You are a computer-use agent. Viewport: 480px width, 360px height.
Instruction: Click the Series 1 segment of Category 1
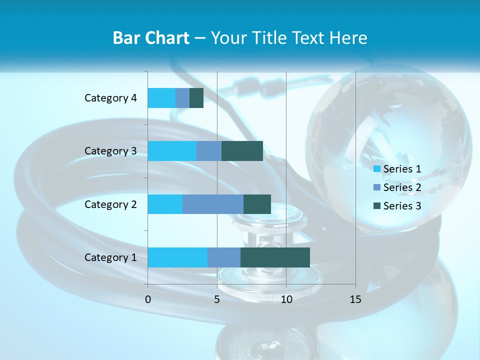pos(177,257)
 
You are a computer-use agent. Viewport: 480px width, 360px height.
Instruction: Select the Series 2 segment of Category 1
pos(224,257)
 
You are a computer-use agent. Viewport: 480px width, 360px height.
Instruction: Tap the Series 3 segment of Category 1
pos(275,257)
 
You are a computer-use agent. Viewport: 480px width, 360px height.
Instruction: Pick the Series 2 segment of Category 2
pos(213,204)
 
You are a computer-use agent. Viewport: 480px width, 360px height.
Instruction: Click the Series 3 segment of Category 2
pos(257,204)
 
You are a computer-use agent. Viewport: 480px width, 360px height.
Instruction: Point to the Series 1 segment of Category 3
pos(172,151)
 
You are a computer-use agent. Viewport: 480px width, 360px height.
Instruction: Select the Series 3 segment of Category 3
pos(242,151)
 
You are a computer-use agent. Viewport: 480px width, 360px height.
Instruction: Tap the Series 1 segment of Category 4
pos(161,98)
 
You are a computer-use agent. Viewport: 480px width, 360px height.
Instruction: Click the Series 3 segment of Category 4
pos(196,98)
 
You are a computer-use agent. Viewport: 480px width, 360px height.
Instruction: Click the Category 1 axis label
pos(110,257)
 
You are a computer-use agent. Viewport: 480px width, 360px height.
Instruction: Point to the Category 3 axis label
pos(110,151)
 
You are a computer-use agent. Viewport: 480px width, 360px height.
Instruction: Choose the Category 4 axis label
pos(110,98)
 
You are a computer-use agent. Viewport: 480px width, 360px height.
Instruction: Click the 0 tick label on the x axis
pos(148,299)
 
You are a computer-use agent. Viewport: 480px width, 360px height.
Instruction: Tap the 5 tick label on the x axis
pos(217,299)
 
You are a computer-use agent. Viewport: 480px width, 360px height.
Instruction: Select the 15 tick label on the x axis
pos(355,299)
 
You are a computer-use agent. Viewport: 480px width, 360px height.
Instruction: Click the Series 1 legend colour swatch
pos(377,169)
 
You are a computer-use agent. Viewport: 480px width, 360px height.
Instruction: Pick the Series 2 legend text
pos(402,187)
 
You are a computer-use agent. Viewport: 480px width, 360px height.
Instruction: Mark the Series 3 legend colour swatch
pos(377,206)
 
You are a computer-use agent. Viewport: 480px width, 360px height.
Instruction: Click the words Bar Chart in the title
pos(151,38)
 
